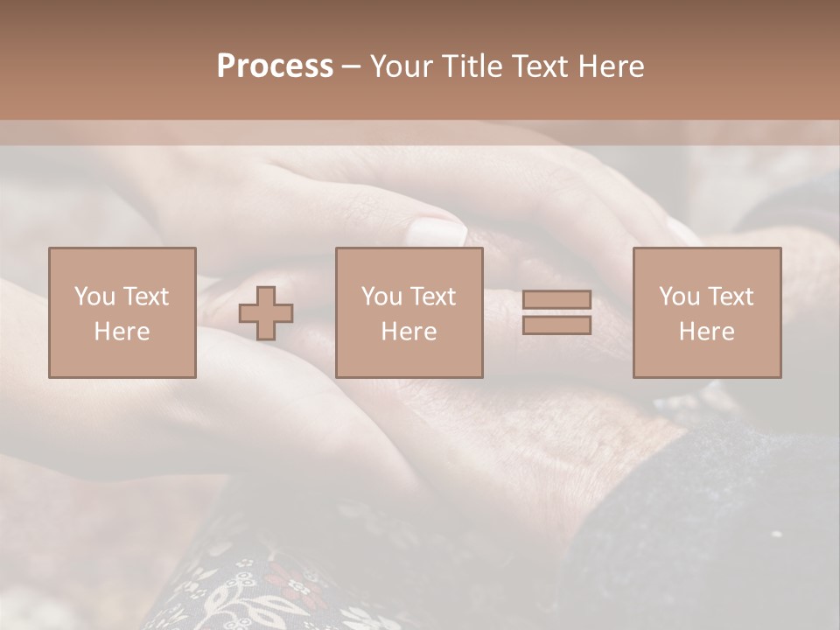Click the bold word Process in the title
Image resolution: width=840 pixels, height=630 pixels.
coord(275,66)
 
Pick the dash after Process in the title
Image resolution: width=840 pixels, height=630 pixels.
coord(352,67)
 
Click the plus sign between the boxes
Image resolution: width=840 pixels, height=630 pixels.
coord(266,313)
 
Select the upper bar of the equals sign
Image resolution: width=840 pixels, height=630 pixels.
coord(556,300)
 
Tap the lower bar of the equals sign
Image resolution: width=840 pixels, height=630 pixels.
coord(556,325)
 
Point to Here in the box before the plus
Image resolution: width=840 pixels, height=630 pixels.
coord(122,332)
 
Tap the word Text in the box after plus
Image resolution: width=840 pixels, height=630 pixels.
coord(432,297)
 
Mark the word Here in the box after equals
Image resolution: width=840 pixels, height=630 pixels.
coord(706,332)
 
